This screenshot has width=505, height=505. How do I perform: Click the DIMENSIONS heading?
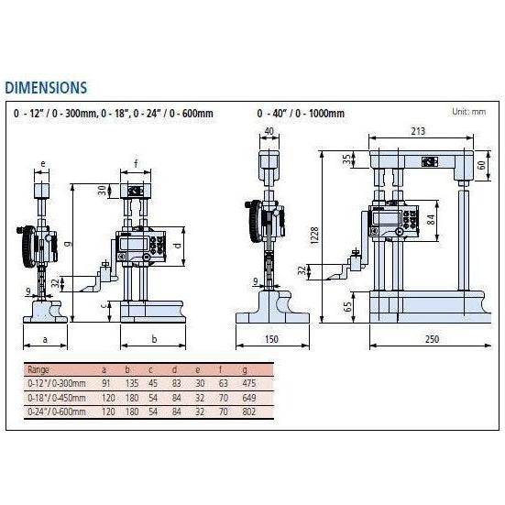click(46, 88)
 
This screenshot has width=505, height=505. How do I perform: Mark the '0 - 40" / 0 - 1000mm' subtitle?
click(301, 114)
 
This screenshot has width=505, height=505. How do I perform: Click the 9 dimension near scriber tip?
click(29, 291)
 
